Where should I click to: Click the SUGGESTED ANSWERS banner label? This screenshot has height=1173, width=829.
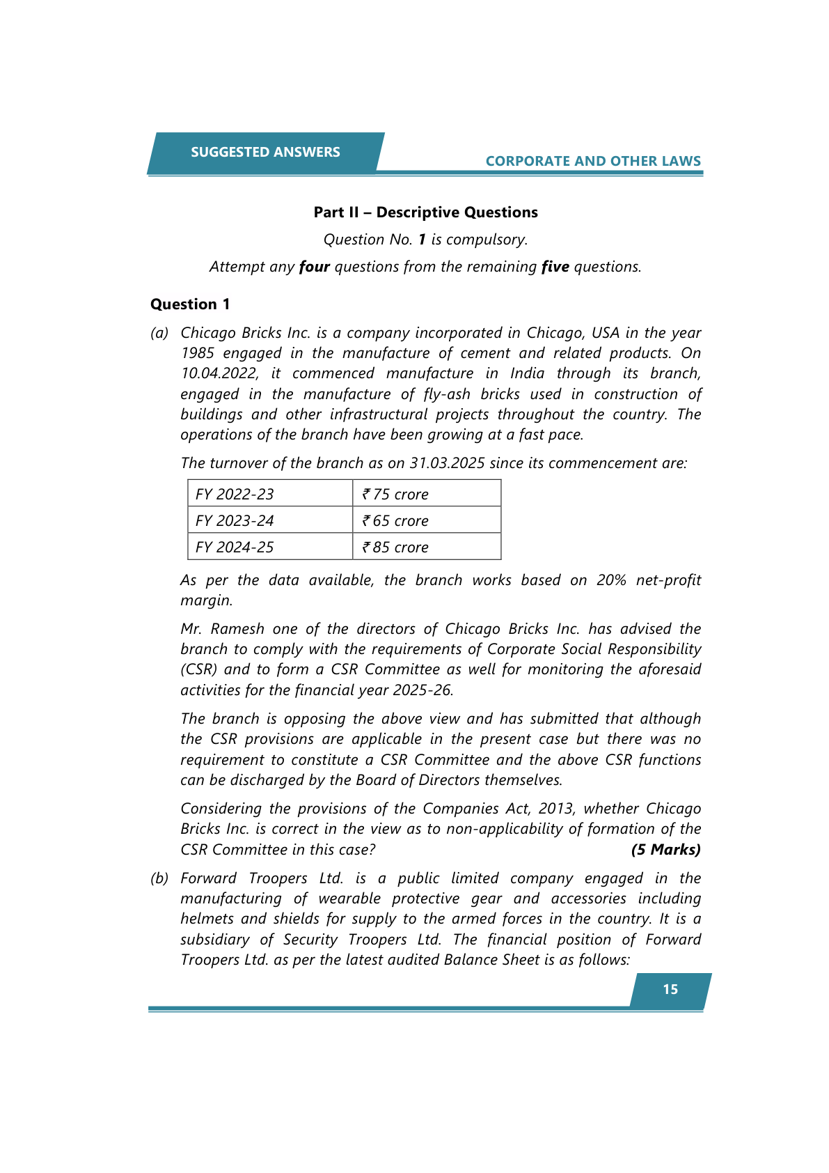(x=265, y=152)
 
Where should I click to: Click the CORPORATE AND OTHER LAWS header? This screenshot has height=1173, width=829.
(x=593, y=161)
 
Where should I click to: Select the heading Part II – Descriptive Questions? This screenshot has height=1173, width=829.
(x=425, y=212)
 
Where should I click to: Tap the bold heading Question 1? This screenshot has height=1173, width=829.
(x=190, y=304)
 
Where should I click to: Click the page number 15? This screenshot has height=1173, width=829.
(x=670, y=990)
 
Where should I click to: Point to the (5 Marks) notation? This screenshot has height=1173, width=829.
(x=665, y=850)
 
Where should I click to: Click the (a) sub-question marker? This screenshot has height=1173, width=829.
(x=159, y=333)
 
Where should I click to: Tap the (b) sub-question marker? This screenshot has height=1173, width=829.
(x=159, y=878)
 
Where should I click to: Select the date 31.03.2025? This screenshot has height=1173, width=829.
(x=447, y=463)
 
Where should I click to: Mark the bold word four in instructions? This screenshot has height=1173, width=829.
(x=314, y=267)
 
